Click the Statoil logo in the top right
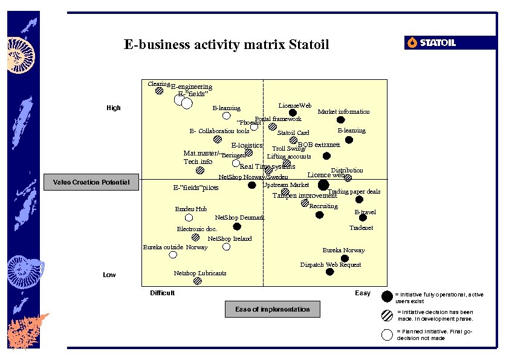431,42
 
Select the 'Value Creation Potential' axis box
91,182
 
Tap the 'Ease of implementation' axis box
272,309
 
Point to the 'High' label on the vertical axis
113,108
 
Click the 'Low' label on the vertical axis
109,275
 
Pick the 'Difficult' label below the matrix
162,293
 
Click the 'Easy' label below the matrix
363,293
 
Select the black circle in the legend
387,296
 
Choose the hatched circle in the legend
387,315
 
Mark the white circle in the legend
387,335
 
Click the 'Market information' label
343,111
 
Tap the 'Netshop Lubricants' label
200,273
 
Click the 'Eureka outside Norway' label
175,247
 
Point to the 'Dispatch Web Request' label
331,264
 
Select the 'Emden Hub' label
191,209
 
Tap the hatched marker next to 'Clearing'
159,91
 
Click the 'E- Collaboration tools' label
219,131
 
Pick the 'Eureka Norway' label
343,250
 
